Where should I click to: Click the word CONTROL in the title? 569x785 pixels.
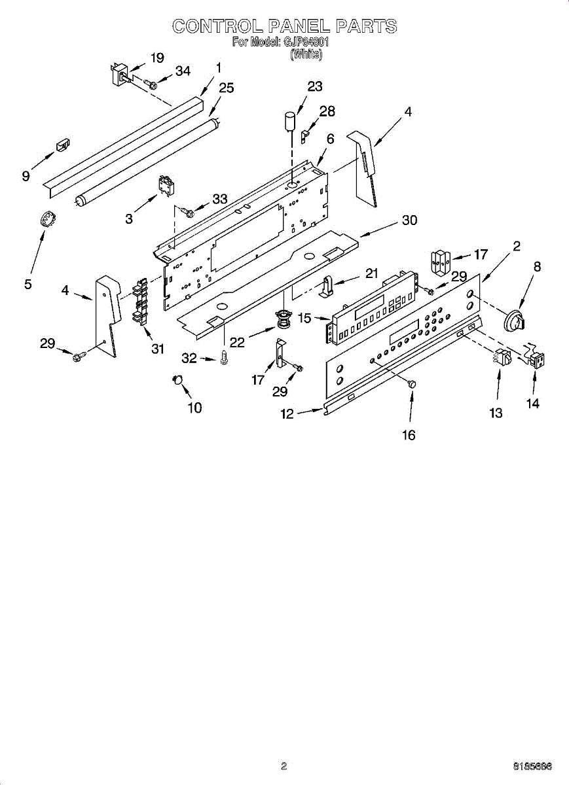[217, 26]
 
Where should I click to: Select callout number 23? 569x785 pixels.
[315, 86]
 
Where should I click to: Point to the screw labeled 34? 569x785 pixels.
[151, 83]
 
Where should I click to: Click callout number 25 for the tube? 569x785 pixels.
[227, 88]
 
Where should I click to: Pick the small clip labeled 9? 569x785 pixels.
[63, 144]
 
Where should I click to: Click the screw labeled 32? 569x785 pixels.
[224, 358]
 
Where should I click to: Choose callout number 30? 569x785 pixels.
[409, 220]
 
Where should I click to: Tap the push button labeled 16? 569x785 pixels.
[412, 385]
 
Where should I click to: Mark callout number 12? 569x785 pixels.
[287, 413]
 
